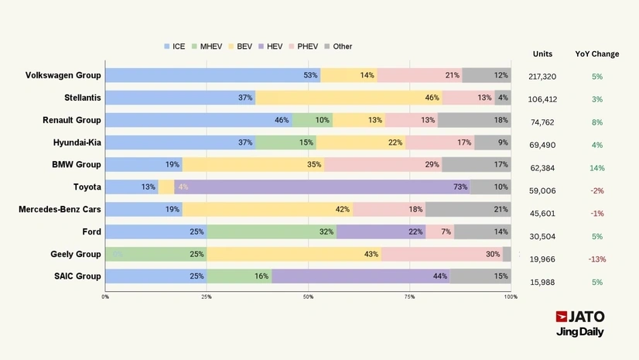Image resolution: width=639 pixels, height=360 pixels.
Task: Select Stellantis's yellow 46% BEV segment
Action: coord(348,98)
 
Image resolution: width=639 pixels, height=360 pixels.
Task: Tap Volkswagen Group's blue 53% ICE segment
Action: coord(213,75)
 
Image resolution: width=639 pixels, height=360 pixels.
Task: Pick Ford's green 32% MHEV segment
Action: coord(272,232)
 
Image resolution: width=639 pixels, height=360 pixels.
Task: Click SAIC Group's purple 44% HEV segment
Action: coord(361,276)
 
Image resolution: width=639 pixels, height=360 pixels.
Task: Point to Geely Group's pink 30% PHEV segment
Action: coord(442,254)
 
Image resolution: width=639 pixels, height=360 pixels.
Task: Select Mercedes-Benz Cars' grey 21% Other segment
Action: coord(467,210)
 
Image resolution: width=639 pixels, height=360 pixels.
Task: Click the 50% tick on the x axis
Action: coord(308,297)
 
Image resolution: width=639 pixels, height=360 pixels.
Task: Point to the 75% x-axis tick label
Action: coord(409,297)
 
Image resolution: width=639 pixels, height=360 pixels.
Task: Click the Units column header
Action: coord(543,54)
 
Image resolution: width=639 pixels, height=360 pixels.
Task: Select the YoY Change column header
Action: coord(597,54)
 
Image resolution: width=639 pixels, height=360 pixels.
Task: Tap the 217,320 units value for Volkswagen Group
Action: coord(542,77)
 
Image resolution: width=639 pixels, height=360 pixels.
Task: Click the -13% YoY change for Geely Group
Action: coord(596,259)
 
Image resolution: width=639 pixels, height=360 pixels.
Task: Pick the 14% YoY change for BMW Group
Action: coord(596,168)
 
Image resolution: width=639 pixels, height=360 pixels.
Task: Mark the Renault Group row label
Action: coord(72,120)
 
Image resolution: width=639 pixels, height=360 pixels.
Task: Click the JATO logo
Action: coord(580,317)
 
